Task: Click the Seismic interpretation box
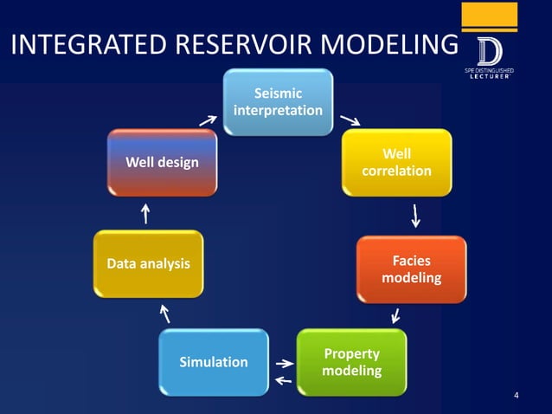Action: [x=278, y=102]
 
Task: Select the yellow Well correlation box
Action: [x=396, y=163]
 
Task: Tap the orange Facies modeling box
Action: [x=411, y=269]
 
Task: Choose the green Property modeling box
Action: [x=350, y=362]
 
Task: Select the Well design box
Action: [x=162, y=162]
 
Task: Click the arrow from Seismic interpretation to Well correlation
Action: [x=350, y=119]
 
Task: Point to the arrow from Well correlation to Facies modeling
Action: [x=417, y=214]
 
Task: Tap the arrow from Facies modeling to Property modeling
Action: [x=395, y=315]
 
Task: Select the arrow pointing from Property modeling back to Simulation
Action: [x=282, y=379]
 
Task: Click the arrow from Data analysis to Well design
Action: [x=145, y=212]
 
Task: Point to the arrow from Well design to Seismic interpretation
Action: [x=208, y=119]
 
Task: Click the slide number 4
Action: [x=517, y=397]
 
